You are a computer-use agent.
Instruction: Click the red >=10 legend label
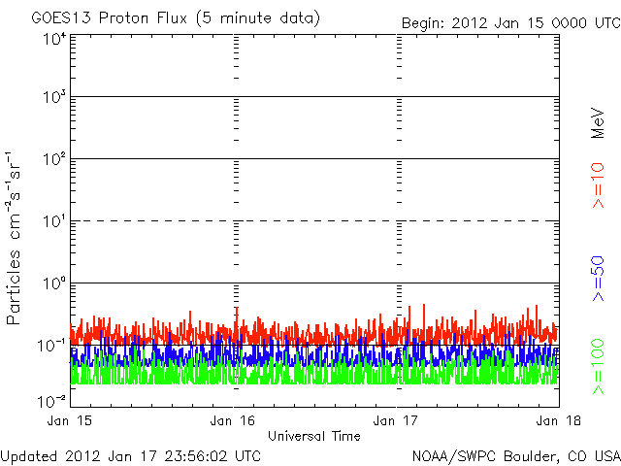599,185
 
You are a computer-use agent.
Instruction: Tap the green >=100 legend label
599,367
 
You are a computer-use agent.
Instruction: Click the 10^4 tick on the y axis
54,40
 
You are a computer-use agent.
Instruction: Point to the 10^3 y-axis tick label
54,97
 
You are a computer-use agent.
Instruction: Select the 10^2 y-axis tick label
54,159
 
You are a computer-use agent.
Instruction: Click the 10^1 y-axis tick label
54,221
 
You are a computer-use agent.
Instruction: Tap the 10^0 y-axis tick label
54,283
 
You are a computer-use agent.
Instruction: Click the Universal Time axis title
313,436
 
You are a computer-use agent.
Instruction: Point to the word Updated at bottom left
29,454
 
